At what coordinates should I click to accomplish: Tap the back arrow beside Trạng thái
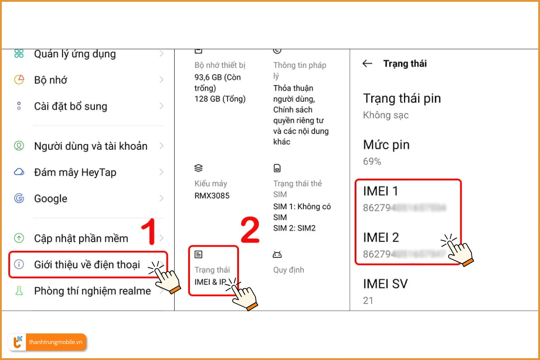point(367,63)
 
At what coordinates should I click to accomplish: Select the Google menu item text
point(50,198)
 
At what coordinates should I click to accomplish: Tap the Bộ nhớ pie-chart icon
point(19,80)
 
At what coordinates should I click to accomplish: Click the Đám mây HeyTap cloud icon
point(19,172)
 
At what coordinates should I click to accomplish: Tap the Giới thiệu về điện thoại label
point(87,265)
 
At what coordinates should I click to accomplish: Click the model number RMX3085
point(211,196)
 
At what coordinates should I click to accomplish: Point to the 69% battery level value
point(372,161)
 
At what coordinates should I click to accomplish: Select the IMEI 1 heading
point(381,191)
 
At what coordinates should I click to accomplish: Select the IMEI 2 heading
point(381,237)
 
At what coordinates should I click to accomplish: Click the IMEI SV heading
point(385,283)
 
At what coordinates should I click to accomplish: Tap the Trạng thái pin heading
point(402,99)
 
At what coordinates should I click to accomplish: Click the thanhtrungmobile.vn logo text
point(56,342)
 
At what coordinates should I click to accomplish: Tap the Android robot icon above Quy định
point(277,255)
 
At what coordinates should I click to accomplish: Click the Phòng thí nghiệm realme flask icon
point(19,291)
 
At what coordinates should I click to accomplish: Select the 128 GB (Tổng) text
point(220,99)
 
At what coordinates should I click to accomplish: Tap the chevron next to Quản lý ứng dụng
point(162,54)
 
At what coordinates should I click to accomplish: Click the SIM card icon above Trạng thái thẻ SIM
point(277,168)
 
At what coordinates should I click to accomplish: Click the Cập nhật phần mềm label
point(81,238)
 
